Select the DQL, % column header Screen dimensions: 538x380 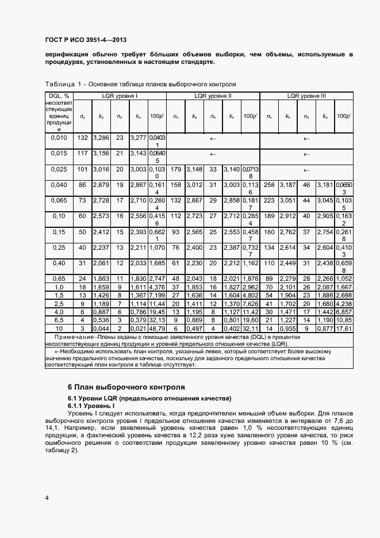click(59, 96)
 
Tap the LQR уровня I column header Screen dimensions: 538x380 click(120, 96)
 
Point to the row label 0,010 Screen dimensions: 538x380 click(59, 138)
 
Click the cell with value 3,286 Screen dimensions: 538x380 click(101, 138)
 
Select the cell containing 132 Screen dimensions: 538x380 click(82, 138)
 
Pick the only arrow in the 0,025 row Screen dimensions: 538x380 click(306, 170)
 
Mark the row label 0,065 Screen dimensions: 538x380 click(59, 201)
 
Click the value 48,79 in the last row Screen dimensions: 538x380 click(156, 328)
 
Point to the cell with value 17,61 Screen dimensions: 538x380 click(344, 328)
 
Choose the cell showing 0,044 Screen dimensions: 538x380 click(101, 328)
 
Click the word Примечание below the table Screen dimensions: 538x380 click(74, 336)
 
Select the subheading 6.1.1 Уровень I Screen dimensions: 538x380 click(91, 406)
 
